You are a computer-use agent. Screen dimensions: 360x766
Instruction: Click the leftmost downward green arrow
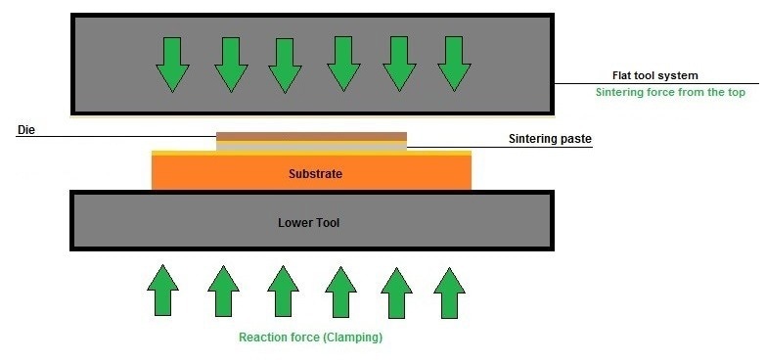[172, 64]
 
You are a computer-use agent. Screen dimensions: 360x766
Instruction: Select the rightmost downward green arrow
[454, 64]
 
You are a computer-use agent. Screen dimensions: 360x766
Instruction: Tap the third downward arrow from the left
[284, 65]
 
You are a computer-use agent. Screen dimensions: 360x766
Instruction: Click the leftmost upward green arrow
[164, 291]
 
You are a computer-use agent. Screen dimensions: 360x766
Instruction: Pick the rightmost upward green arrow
[449, 291]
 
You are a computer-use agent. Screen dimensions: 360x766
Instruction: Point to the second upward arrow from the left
[224, 291]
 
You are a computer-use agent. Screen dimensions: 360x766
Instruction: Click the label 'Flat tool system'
[648, 75]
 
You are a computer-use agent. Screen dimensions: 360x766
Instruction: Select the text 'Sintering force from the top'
[670, 93]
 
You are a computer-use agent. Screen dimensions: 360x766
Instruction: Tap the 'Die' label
[25, 129]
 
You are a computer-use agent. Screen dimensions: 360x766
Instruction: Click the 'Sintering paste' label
[550, 140]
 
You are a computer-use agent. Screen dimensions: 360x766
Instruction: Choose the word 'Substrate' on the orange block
[315, 174]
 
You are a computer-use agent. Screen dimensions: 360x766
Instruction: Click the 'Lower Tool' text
[308, 223]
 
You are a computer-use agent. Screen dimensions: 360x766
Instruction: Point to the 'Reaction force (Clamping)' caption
[310, 337]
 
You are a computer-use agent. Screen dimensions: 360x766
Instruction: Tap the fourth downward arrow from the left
[342, 64]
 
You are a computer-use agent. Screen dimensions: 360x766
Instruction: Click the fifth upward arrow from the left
[397, 291]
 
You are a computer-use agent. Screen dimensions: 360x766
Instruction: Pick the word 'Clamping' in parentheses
[352, 337]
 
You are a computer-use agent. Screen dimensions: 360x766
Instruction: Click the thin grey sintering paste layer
[311, 147]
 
